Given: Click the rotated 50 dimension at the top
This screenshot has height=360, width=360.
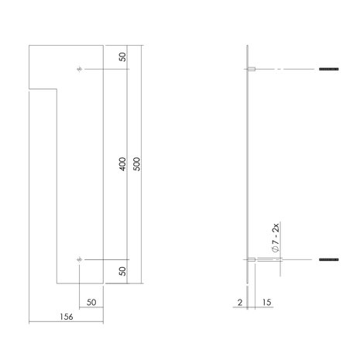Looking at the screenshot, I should (122, 58).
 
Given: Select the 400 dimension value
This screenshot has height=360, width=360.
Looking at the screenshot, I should (122, 164).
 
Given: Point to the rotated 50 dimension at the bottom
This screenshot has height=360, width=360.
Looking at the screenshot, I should (122, 270).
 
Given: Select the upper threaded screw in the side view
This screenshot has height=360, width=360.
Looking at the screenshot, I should (329, 70).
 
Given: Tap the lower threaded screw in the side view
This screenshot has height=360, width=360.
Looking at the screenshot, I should (329, 259).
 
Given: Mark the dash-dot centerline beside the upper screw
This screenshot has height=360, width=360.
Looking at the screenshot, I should (286, 70).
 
